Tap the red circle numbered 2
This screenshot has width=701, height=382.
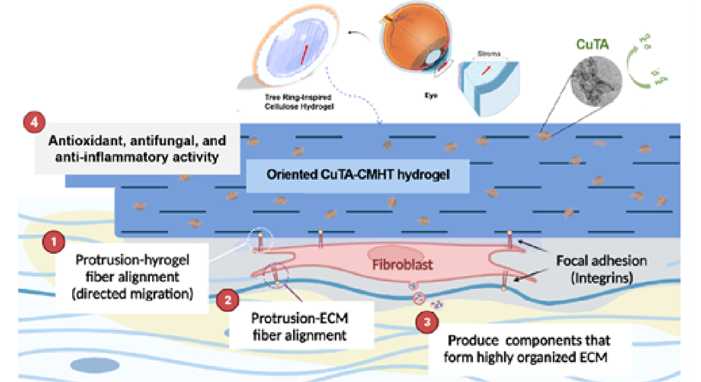coord(227,300)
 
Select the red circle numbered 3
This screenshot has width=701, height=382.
coord(427,322)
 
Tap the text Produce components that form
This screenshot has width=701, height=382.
coord(528,340)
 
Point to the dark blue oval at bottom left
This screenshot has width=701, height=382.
coord(90,364)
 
